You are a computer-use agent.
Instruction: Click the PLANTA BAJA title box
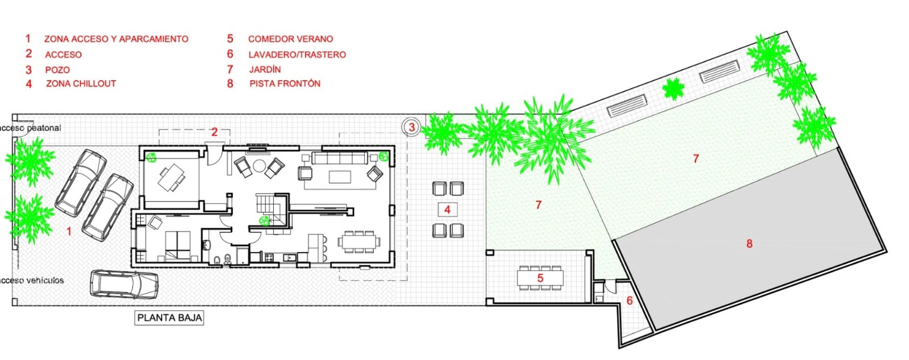(170, 317)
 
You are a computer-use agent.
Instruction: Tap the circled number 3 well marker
(412, 127)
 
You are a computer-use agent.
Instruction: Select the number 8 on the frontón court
(749, 244)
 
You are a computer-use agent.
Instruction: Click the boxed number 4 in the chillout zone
(447, 210)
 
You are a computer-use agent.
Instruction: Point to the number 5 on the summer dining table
(540, 278)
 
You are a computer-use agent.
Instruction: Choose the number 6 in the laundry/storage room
(629, 300)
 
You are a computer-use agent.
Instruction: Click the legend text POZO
(57, 70)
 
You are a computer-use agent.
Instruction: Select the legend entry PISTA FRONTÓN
(285, 83)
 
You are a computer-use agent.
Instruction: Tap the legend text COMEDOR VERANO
(290, 39)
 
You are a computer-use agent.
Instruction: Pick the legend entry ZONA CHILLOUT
(81, 83)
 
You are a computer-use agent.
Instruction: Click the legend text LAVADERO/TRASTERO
(297, 55)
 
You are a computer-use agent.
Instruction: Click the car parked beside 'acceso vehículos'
(124, 283)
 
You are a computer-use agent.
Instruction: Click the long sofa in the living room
(339, 158)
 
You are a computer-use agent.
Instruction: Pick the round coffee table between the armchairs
(260, 166)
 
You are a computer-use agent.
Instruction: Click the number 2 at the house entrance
(214, 132)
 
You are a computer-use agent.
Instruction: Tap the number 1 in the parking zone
(69, 231)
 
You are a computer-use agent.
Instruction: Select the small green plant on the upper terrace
(674, 89)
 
